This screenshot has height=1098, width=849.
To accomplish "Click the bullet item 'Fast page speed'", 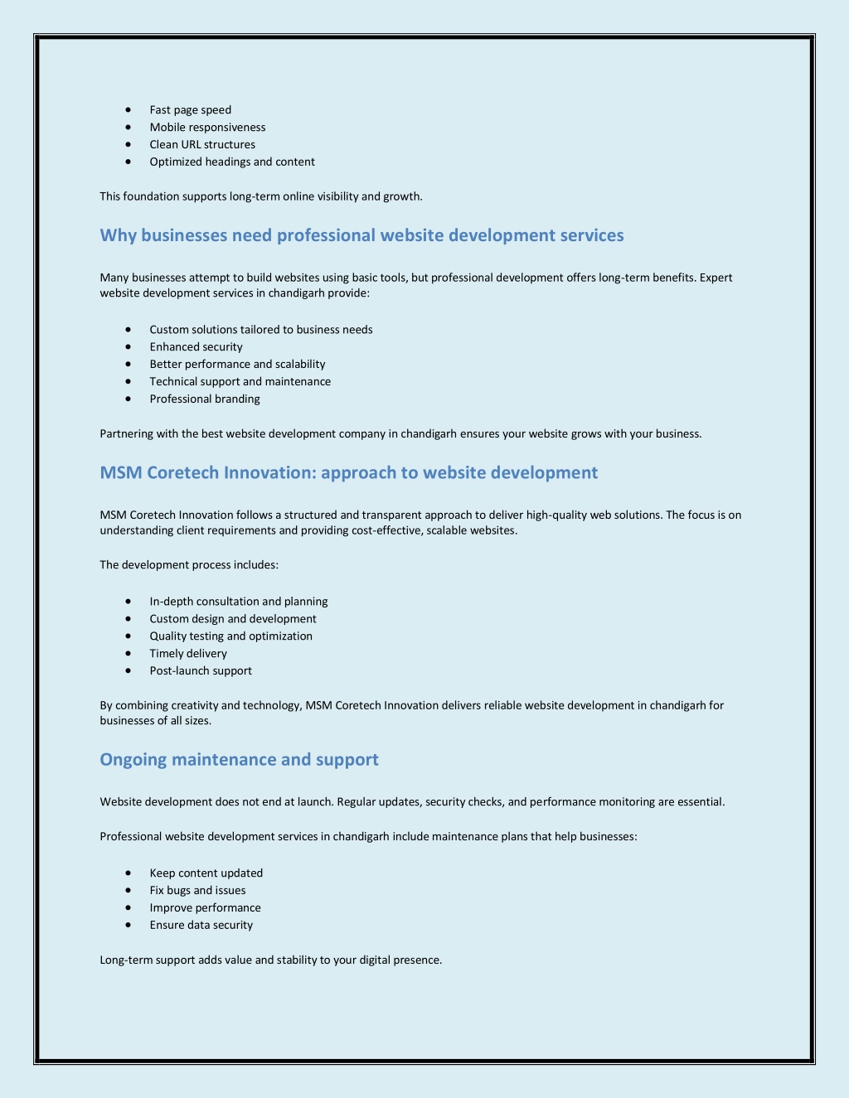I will tap(190, 110).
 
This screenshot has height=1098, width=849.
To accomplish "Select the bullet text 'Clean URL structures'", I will tap(202, 145).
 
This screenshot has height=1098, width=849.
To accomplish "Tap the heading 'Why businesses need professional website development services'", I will tap(361, 235).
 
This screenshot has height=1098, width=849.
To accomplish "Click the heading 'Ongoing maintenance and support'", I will tap(239, 760).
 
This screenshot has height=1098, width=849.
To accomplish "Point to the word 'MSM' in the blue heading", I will tap(121, 473).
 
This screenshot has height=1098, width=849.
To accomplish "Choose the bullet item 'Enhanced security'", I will tap(196, 347).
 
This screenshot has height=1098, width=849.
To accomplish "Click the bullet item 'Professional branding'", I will tap(205, 399).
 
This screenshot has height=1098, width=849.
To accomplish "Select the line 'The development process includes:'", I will tap(189, 565).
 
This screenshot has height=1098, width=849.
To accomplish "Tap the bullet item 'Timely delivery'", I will tap(188, 654).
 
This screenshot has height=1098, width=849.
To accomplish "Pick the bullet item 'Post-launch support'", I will tap(201, 671).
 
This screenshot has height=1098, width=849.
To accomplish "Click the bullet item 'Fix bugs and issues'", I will tap(197, 891).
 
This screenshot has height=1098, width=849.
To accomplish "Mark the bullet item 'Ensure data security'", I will tap(201, 926).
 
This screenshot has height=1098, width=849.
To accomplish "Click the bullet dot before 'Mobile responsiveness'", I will tap(129, 128).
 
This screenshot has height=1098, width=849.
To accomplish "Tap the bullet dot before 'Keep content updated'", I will tap(129, 873).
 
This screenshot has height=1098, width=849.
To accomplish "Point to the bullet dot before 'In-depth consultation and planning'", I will tap(129, 602).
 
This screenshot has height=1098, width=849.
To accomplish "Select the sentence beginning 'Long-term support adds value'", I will tap(270, 960).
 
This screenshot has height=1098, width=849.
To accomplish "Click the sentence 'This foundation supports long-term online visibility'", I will tap(261, 197).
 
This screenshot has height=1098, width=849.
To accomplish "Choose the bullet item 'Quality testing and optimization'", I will tap(230, 636).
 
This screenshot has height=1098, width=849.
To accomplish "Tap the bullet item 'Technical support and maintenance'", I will tap(240, 382).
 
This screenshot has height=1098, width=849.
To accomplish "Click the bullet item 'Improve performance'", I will tap(205, 908).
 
